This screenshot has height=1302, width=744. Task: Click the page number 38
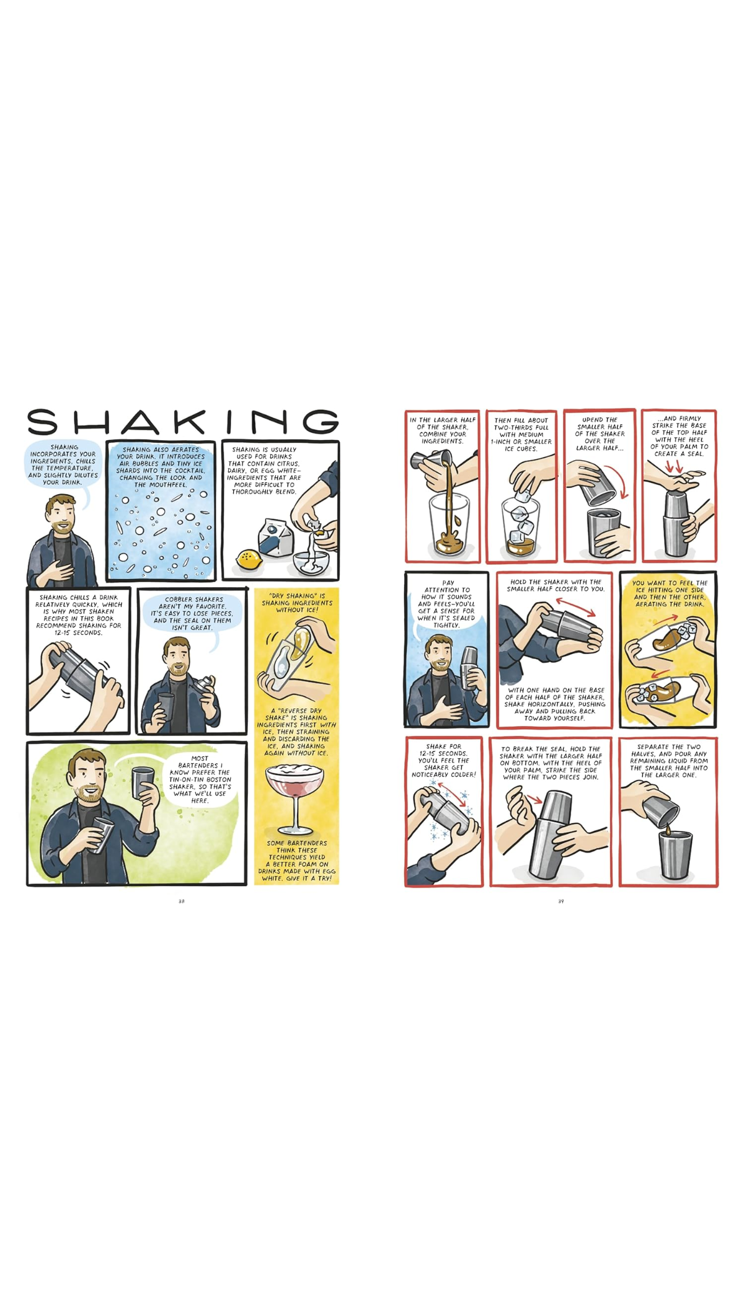(x=182, y=901)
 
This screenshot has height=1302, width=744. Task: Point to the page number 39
(x=561, y=901)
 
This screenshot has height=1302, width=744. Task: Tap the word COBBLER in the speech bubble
(x=178, y=600)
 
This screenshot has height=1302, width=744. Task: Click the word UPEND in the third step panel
(x=591, y=420)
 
